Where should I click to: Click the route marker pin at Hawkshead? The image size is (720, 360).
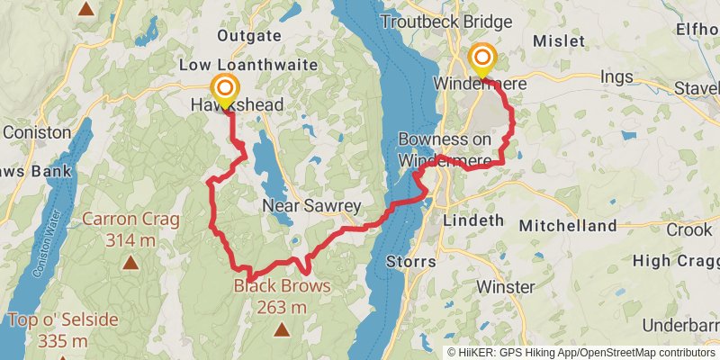pos(224,91)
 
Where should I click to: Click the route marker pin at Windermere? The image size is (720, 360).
pos(481,59)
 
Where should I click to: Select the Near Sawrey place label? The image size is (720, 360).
pos(310,206)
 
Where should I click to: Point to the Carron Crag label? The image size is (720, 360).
pos(131,219)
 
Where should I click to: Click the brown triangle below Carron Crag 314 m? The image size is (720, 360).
pos(131,264)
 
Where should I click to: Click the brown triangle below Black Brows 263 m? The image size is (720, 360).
pos(283,329)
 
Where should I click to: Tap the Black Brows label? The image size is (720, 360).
pos(283,287)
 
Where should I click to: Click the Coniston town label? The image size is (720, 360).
pos(37,131)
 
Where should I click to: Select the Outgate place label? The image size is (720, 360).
pos(243,36)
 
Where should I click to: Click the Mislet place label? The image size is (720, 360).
pos(559,41)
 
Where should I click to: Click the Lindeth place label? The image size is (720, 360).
pos(474,220)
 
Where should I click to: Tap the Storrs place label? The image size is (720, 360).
pos(410,262)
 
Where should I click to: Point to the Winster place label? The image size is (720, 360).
pos(505,288)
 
